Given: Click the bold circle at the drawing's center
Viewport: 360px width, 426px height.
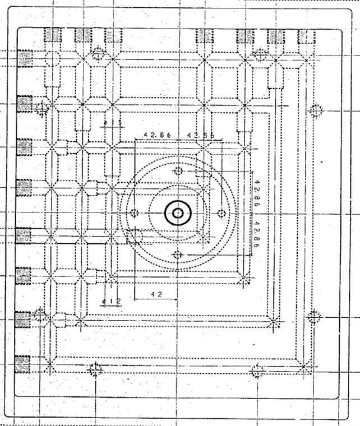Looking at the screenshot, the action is tap(178, 213).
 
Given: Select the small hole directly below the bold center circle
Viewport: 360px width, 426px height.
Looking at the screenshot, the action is tap(178, 256).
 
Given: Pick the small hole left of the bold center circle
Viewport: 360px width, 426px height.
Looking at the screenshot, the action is tap(135, 213).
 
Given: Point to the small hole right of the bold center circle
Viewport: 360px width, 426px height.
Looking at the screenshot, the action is tap(221, 213).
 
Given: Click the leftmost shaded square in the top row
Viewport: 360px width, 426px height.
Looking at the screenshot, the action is tap(53, 35).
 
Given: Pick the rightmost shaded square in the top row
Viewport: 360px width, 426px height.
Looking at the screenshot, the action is tap(307, 35).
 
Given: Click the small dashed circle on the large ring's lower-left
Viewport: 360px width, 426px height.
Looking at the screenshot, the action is tap(135, 237).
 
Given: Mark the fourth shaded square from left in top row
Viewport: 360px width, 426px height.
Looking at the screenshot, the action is tap(204, 35).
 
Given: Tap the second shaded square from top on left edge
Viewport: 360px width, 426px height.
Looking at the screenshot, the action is tap(24, 104).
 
